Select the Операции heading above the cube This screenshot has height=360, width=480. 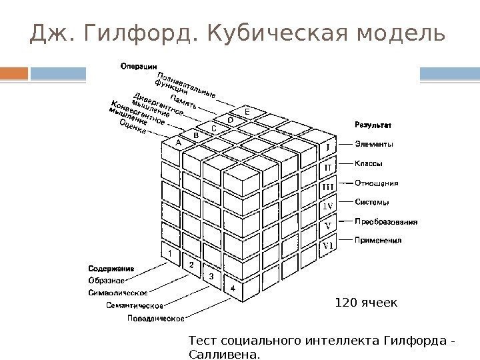pos(139,65)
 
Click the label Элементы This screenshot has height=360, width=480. pos(374,143)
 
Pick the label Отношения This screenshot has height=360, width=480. pos(377,182)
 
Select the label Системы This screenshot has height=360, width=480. pos(372,201)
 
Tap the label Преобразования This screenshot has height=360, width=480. pos(386,221)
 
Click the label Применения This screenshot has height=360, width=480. pos(378,240)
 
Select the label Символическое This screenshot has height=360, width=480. pos(118,292)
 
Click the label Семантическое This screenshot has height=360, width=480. pos(135,305)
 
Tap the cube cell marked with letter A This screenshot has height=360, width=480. pos(178,142)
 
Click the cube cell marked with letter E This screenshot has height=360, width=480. pos(247,112)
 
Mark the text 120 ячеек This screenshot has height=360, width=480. pos(366,303)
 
